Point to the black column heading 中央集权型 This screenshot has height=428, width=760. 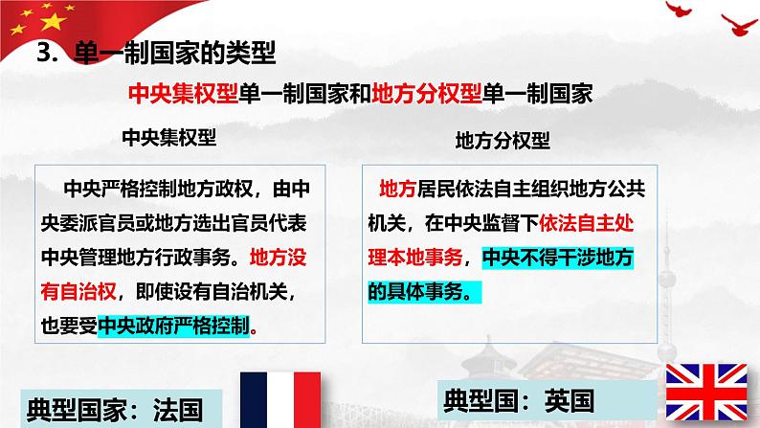point(169,136)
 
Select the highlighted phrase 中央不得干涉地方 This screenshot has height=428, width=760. point(560,257)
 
